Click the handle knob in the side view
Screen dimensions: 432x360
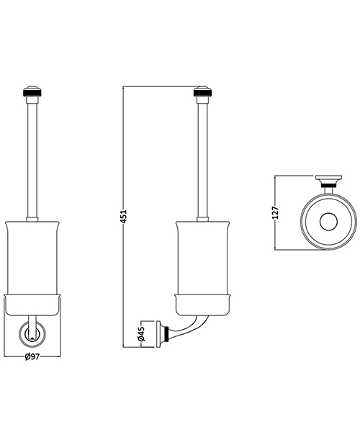[x=202, y=91]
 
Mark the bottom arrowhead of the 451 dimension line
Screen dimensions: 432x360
[x=125, y=345]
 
